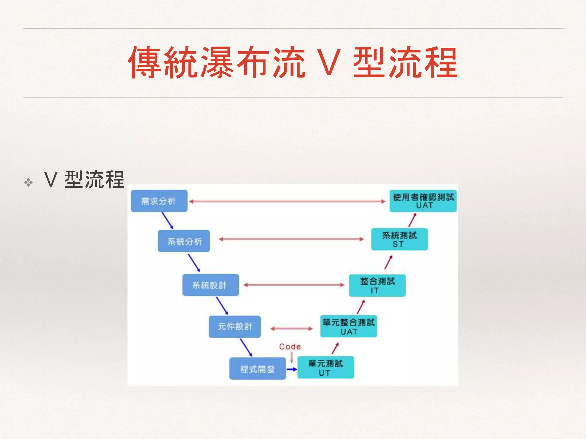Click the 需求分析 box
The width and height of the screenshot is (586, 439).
pyautogui.click(x=159, y=201)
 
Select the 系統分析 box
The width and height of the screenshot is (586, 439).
pyautogui.click(x=184, y=241)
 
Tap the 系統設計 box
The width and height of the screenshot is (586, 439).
pyautogui.click(x=211, y=285)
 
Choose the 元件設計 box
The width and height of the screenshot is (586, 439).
pyautogui.click(x=235, y=326)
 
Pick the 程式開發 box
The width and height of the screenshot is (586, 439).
pyautogui.click(x=258, y=369)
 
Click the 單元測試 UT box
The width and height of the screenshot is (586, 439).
pyautogui.click(x=326, y=368)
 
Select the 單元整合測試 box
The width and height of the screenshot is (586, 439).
pyautogui.click(x=349, y=326)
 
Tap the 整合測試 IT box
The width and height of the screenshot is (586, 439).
pyautogui.click(x=377, y=285)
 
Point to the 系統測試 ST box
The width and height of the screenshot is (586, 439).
pyautogui.click(x=399, y=239)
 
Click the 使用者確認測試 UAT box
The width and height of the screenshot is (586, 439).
pyautogui.click(x=423, y=201)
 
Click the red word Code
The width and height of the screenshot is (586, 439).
pyautogui.click(x=290, y=347)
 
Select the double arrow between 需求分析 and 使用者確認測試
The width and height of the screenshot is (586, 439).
pyautogui.click(x=287, y=201)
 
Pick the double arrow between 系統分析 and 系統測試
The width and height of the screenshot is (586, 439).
pyautogui.click(x=291, y=239)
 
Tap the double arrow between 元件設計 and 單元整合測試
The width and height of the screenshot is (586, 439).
pyautogui.click(x=291, y=329)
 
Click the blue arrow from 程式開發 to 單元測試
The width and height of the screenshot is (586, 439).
pyautogui.click(x=292, y=369)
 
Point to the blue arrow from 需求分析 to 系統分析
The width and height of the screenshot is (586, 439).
pyautogui.click(x=167, y=220)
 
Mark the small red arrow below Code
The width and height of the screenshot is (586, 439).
pyautogui.click(x=292, y=358)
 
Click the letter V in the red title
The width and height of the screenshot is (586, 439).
pyautogui.click(x=329, y=62)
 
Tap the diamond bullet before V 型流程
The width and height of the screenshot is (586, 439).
pyautogui.click(x=28, y=182)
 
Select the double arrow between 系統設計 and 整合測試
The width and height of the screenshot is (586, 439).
pyautogui.click(x=294, y=285)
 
